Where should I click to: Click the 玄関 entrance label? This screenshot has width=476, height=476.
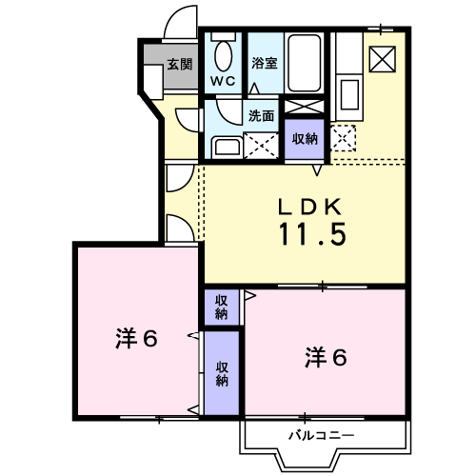[180, 65]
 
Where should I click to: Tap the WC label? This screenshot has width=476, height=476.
[223, 81]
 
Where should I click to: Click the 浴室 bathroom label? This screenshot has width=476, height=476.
[265, 63]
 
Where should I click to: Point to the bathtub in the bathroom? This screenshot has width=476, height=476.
[304, 63]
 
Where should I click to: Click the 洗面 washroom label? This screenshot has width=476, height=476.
[261, 116]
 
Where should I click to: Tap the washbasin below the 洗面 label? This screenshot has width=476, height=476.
[226, 148]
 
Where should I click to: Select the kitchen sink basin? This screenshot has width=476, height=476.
[349, 94]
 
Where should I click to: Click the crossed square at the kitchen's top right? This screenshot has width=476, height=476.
[382, 59]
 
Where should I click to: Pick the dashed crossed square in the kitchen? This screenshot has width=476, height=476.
[343, 138]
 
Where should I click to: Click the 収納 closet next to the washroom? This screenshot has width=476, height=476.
[305, 139]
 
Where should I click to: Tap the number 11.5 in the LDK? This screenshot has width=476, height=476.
[312, 234]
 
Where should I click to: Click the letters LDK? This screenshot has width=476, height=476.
[309, 207]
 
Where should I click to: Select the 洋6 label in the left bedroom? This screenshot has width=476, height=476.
[136, 339]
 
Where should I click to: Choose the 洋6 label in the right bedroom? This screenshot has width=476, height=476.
[326, 357]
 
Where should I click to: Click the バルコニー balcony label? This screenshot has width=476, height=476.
[321, 435]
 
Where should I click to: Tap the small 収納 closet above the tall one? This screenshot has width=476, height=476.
[222, 307]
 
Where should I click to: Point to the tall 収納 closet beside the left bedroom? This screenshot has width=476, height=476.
[222, 373]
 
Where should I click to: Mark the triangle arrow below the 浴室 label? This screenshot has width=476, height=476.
[254, 89]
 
